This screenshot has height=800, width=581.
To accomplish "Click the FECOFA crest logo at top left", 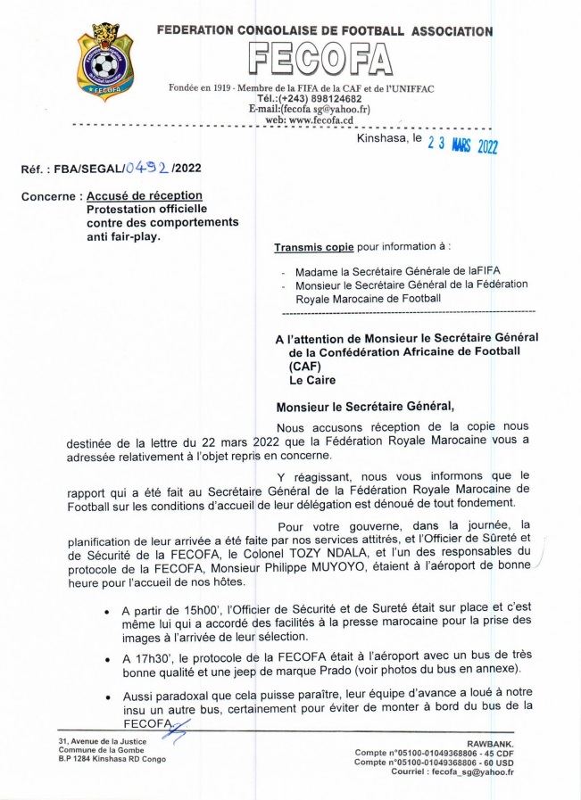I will coord(106,62).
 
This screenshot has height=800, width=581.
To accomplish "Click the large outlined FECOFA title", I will coord(320,60).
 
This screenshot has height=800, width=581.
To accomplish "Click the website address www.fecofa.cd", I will coord(321,120).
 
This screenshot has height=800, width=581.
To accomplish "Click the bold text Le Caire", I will coord(303,380).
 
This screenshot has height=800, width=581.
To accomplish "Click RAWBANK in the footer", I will coord(491,742).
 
